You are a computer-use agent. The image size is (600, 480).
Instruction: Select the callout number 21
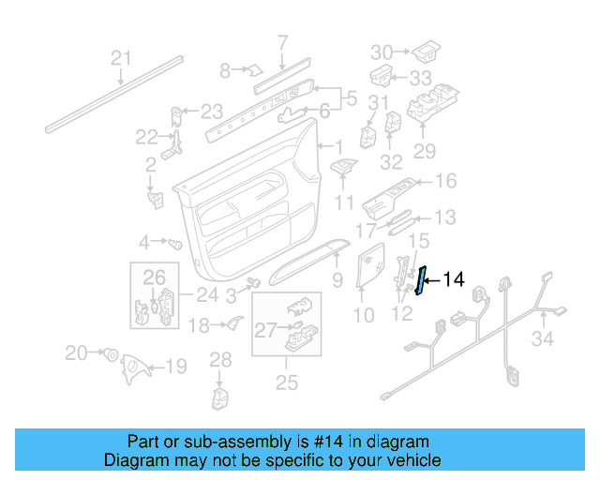(121, 59)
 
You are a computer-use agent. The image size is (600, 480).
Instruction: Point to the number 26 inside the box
(154, 277)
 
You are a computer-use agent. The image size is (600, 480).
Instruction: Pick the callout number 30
(382, 52)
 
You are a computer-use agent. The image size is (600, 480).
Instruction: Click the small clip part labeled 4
(174, 243)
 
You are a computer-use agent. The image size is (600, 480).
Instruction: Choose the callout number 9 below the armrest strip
(337, 278)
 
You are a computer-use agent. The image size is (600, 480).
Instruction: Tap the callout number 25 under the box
(286, 382)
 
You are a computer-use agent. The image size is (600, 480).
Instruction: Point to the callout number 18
(199, 325)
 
